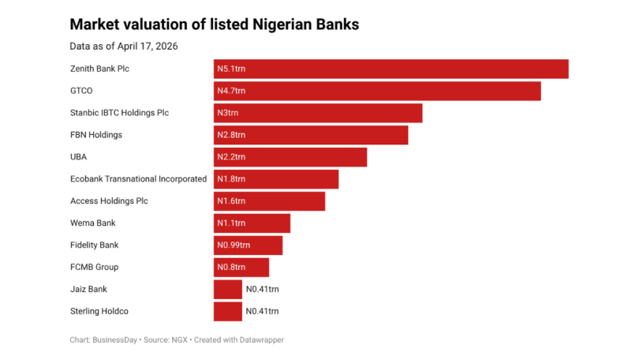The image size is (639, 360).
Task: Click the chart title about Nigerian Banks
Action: pyautogui.click(x=215, y=24)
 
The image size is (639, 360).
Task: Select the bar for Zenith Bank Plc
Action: pyautogui.click(x=390, y=69)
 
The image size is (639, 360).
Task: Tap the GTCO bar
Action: pyautogui.click(x=377, y=91)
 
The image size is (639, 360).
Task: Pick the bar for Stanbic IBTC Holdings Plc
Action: pyautogui.click(x=318, y=113)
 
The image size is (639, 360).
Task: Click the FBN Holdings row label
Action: pyautogui.click(x=96, y=135)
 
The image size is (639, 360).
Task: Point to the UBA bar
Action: pyautogui.click(x=290, y=157)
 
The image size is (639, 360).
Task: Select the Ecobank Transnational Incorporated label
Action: pyautogui.click(x=138, y=179)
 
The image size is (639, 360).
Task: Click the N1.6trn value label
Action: pyautogui.click(x=231, y=201)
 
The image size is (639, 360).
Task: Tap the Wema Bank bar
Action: pyautogui.click(x=252, y=223)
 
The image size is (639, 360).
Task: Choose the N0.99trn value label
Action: pyautogui.click(x=234, y=246)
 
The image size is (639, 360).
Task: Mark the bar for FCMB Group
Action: pyautogui.click(x=241, y=268)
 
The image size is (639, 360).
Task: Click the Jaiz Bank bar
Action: pyautogui.click(x=227, y=290)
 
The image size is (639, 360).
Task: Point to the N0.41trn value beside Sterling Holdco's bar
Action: pyautogui.click(x=263, y=312)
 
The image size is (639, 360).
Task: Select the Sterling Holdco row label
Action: pyautogui.click(x=99, y=312)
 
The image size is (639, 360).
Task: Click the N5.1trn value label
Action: pyautogui.click(x=231, y=69)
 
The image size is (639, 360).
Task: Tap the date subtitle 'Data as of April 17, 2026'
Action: pyautogui.click(x=124, y=46)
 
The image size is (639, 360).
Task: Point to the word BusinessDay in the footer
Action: pyautogui.click(x=115, y=340)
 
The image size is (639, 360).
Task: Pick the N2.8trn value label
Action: pyautogui.click(x=231, y=135)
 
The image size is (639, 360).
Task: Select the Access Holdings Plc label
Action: pyautogui.click(x=109, y=201)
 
